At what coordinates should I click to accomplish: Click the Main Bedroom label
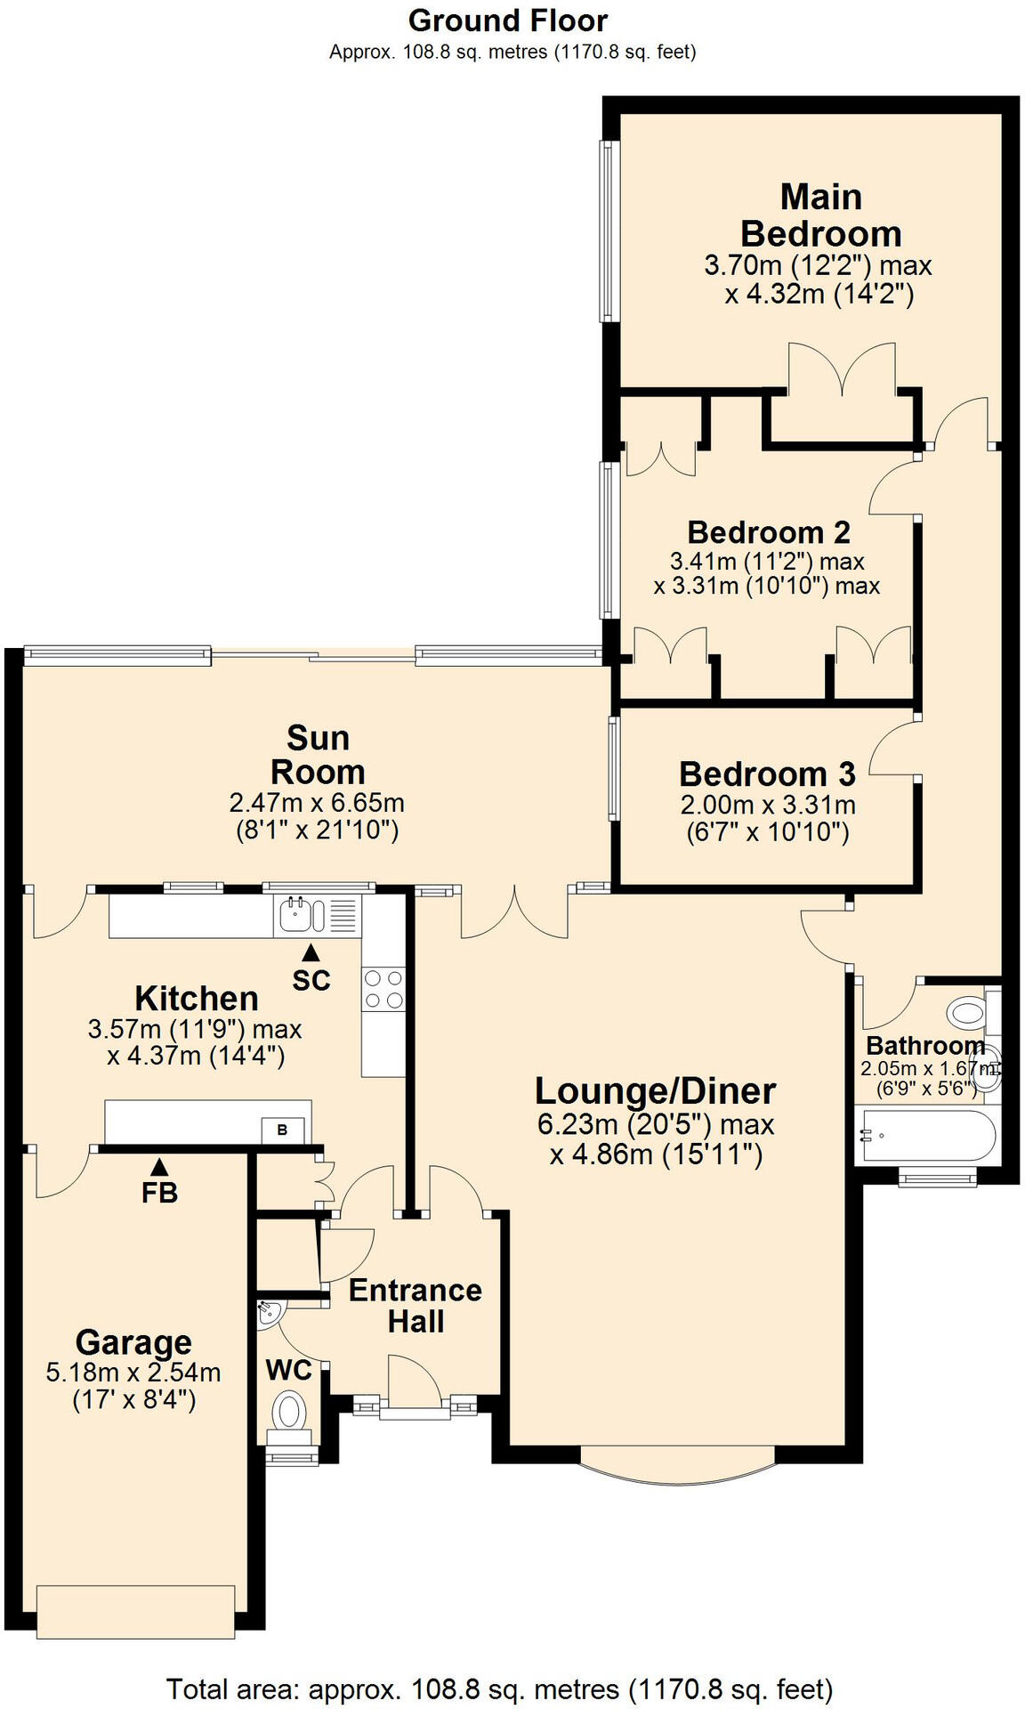point(820,215)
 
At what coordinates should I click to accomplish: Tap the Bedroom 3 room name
point(767,774)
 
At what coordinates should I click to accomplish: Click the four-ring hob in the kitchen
point(383,989)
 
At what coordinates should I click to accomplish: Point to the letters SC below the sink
point(311,980)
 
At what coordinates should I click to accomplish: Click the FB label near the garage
point(159,1192)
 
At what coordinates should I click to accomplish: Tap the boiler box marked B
point(282,1130)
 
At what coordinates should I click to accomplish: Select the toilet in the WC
point(288,1413)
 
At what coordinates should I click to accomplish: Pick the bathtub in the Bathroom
point(916,1136)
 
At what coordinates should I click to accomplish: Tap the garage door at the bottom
point(136,1610)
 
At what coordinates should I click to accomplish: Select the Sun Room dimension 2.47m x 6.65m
point(317,803)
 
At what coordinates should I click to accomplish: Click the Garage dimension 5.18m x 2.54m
point(133,1372)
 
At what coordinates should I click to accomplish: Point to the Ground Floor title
point(508,20)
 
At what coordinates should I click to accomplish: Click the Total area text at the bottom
point(499,1688)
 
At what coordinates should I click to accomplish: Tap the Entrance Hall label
point(415,1305)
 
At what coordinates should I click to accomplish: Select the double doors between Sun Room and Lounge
point(514,912)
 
